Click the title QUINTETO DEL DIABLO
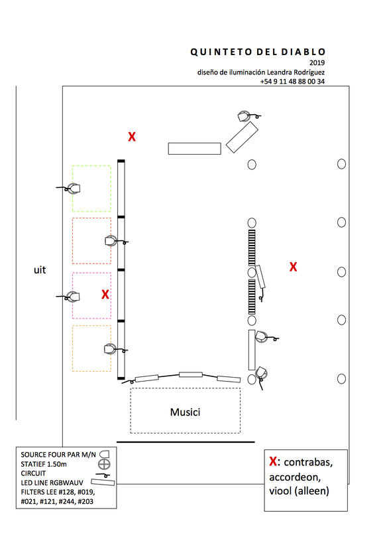[258, 52]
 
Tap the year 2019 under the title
[317, 62]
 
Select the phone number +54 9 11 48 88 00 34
[292, 82]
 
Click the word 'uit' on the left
[40, 270]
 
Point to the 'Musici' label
[186, 412]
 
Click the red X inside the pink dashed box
[105, 295]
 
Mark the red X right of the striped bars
[294, 267]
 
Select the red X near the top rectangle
[132, 137]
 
